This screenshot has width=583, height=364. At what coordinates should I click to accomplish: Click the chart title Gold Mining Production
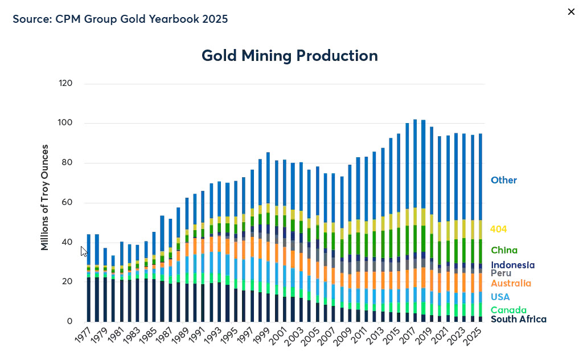(289, 56)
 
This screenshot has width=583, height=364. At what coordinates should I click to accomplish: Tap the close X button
(571, 12)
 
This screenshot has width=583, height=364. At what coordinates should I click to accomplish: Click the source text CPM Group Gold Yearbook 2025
(120, 19)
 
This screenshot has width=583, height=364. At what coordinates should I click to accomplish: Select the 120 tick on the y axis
(66, 83)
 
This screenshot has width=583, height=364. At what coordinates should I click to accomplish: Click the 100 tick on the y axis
(66, 123)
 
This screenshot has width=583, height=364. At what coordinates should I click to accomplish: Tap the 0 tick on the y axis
(70, 321)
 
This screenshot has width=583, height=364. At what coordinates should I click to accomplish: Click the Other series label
(504, 180)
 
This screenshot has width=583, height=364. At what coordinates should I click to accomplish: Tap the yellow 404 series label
(499, 229)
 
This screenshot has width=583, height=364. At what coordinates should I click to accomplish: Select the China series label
(504, 250)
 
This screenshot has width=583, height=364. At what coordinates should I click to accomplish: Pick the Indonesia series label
(512, 265)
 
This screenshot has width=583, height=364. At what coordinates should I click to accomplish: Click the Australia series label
(511, 283)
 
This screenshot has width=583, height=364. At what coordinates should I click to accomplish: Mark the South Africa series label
(518, 319)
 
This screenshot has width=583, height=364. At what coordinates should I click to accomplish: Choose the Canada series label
(508, 310)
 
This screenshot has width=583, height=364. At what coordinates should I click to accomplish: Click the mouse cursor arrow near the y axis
(84, 251)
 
